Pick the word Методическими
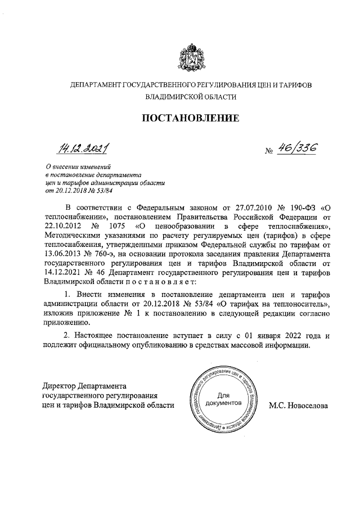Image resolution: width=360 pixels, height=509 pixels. pos(69,236)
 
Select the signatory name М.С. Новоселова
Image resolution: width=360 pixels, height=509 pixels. pos(298,405)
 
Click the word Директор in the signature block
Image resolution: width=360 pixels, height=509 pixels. pos(60,386)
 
